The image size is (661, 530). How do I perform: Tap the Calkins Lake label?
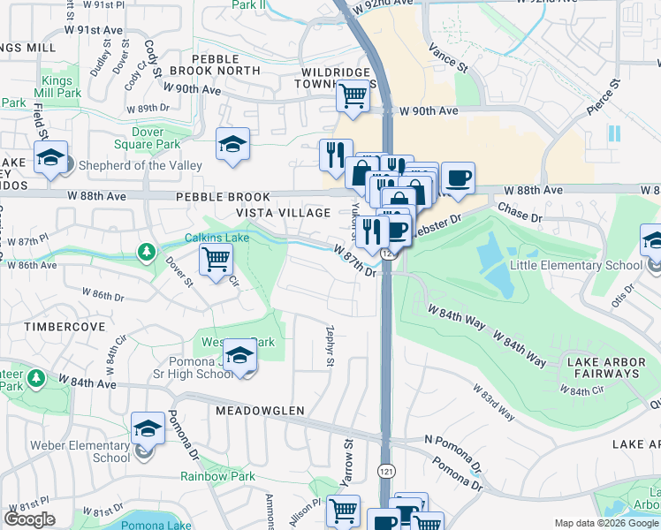coord(217,238)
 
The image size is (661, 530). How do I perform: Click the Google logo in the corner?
coord(29,519)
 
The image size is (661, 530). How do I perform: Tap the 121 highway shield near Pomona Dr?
coord(385,469)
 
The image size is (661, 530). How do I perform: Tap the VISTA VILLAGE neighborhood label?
coord(283,213)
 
